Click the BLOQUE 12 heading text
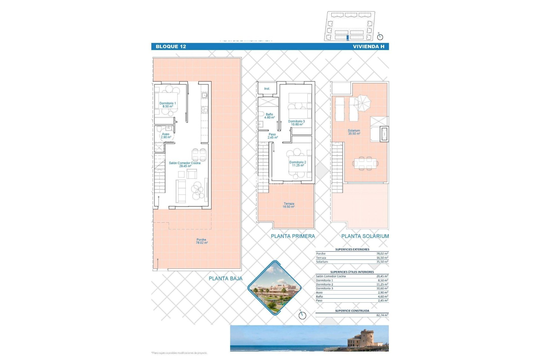[x=171, y=47]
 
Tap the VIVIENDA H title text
[x=368, y=47]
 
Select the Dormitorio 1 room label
[x=168, y=105]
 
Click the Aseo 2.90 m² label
[x=166, y=136]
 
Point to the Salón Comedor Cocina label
[x=185, y=165]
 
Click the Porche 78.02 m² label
[x=202, y=241]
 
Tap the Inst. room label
[x=267, y=89]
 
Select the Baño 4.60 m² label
[x=269, y=116]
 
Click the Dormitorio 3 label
[x=296, y=123]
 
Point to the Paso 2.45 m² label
[x=273, y=136]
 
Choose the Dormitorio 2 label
[x=298, y=164]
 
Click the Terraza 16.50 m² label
[x=289, y=205]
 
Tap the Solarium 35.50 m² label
[x=354, y=132]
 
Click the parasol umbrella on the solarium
[x=362, y=103]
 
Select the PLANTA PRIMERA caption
[x=293, y=236]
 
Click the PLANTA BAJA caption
[x=225, y=278]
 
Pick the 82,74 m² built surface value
[x=382, y=315]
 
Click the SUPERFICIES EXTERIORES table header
[x=352, y=249]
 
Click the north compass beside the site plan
[x=380, y=37]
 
